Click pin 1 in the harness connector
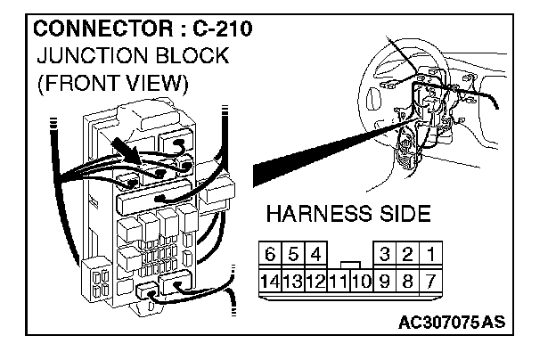click(431, 254)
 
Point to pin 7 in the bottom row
click(431, 279)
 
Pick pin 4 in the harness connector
click(315, 254)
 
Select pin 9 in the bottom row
click(386, 279)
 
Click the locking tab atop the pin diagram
click(351, 264)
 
